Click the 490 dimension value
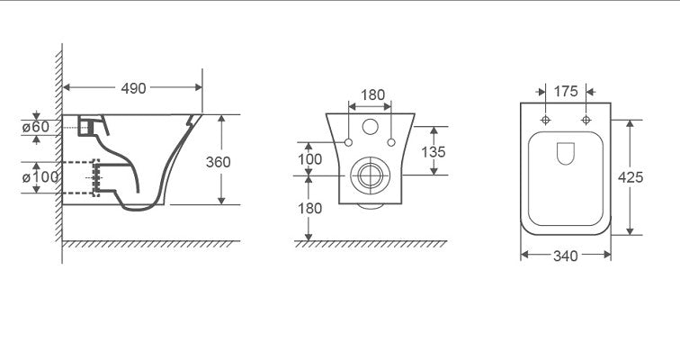tap(133, 87)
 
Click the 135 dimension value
tap(434, 151)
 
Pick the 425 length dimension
tap(631, 177)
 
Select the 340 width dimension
tap(565, 256)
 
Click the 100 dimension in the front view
tap(309, 158)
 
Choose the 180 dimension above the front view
tap(372, 94)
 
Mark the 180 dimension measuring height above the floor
tap(309, 208)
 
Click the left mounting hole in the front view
tap(348, 142)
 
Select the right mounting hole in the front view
tap(393, 142)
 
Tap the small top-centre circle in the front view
tap(371, 126)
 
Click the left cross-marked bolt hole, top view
tap(545, 120)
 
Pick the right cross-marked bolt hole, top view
tap(586, 120)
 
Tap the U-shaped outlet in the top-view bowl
tap(566, 154)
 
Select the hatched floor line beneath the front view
tap(373, 243)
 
